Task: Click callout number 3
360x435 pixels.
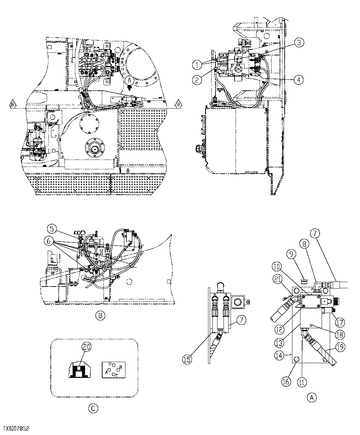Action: tap(299, 43)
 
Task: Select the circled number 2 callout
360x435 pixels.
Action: tap(197, 80)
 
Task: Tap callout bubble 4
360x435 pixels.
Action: tap(298, 80)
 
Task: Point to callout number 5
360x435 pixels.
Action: tap(51, 229)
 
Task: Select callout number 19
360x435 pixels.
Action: tap(340, 347)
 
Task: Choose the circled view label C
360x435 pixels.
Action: tap(93, 408)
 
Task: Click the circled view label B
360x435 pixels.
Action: tap(100, 315)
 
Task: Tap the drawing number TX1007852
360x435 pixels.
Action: tap(16, 429)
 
